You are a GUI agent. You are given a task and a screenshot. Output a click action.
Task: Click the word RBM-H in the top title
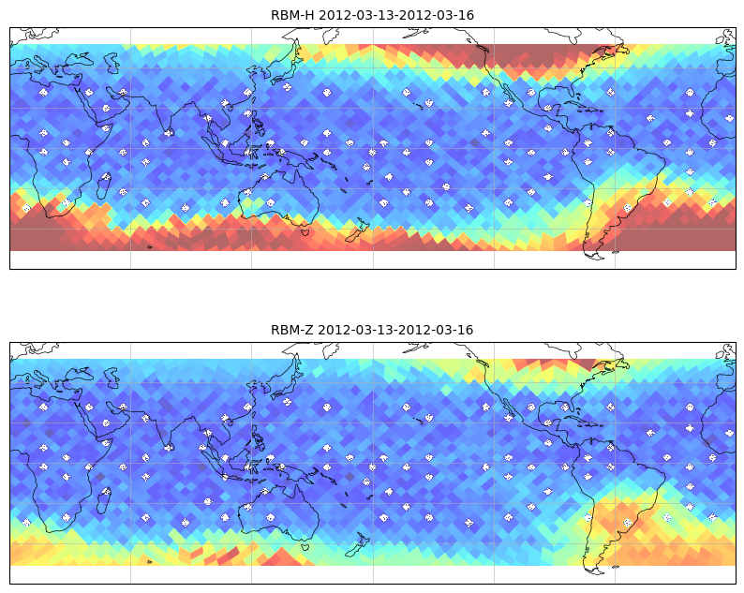[292, 15]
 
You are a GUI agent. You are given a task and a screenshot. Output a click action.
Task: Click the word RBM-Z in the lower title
[292, 330]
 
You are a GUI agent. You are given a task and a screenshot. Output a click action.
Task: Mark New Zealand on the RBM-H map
[356, 230]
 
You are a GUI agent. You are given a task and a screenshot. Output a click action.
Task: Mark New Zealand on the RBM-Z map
[356, 544]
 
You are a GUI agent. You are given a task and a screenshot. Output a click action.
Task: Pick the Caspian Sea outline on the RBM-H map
[112, 63]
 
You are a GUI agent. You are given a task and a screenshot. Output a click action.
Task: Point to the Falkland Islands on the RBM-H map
[616, 252]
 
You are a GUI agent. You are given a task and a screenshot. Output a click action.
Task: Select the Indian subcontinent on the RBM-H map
[166, 114]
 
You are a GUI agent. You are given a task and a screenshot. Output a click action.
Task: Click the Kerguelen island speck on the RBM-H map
[150, 247]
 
